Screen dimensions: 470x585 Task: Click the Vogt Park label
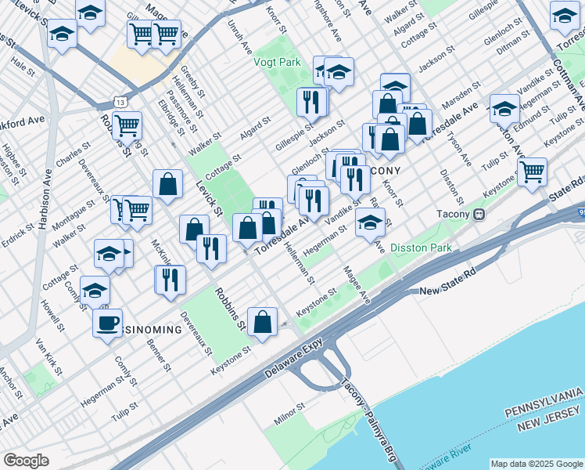coord(278,61)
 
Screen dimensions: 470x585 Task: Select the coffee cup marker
coord(107,323)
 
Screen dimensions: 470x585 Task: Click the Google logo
coord(26,461)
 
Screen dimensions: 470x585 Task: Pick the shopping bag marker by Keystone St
coord(263,321)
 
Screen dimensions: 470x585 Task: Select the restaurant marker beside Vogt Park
coord(311,100)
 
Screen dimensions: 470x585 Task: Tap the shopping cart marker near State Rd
coord(532,171)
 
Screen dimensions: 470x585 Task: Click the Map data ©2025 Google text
coord(536,464)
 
